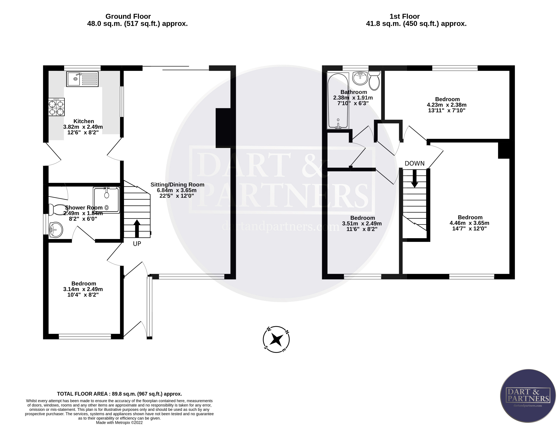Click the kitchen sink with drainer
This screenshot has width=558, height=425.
tap(82, 79)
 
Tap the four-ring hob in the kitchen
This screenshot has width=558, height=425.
tap(56, 107)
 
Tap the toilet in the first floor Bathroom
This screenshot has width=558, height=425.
tap(374, 80)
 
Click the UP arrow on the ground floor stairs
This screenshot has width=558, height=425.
tap(137, 228)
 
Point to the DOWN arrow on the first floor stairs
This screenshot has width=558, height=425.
tap(414, 178)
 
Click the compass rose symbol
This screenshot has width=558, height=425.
tap(276, 339)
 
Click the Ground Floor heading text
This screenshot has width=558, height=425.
tap(128, 16)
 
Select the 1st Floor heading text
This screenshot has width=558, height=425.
tap(404, 16)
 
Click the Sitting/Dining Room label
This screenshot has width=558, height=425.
tap(177, 185)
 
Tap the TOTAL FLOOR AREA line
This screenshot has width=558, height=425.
tap(119, 394)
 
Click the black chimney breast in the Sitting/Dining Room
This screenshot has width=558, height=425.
tap(223, 128)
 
